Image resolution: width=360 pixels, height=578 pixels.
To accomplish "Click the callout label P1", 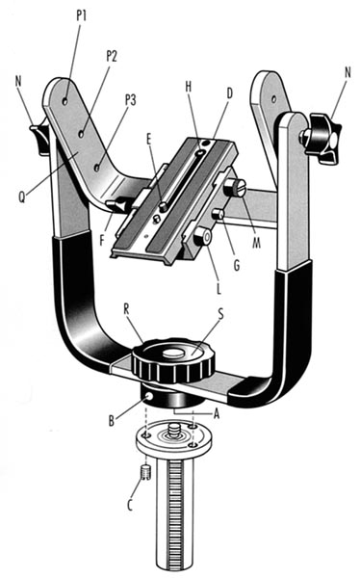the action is pyautogui.click(x=82, y=15).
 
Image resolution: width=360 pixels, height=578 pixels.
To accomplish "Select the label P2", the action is pyautogui.click(x=112, y=56).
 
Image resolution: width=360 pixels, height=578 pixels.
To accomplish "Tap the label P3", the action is pyautogui.click(x=131, y=100).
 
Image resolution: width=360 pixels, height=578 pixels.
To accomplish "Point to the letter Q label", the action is pyautogui.click(x=22, y=197).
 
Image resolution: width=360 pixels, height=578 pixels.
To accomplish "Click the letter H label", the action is pyautogui.click(x=189, y=87).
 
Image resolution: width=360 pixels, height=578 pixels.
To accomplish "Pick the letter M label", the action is pyautogui.click(x=256, y=242).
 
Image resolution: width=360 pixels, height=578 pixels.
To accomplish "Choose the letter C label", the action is pyautogui.click(x=130, y=505).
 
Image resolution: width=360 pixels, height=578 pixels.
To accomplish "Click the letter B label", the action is pyautogui.click(x=112, y=421).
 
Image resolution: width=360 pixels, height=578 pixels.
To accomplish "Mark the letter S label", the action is pyautogui.click(x=221, y=314).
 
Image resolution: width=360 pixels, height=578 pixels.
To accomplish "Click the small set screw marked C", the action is pyautogui.click(x=146, y=473).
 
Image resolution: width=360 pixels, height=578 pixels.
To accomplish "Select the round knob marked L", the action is pyautogui.click(x=203, y=236).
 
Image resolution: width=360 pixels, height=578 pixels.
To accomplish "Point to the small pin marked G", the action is pyautogui.click(x=219, y=214).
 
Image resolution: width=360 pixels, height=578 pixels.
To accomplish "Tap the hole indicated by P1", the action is pyautogui.click(x=65, y=101).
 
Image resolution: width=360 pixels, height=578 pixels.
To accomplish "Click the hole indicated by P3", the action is pyautogui.click(x=97, y=168).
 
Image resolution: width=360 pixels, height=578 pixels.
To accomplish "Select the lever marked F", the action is pyautogui.click(x=116, y=205).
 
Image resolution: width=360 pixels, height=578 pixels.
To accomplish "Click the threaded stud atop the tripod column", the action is pyautogui.click(x=173, y=430).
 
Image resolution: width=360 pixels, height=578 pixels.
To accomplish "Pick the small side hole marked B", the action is pyautogui.click(x=149, y=396).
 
